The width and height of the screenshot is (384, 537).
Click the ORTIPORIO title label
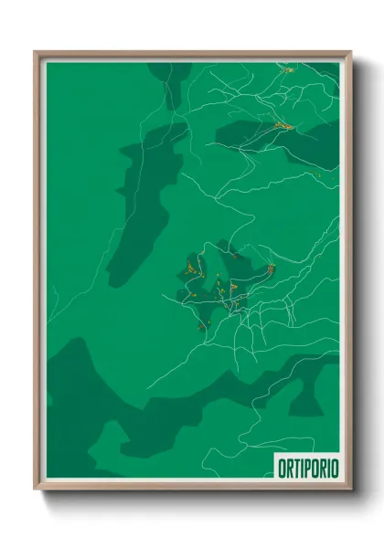(x=307, y=469)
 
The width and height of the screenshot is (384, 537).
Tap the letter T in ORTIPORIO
(x=294, y=469)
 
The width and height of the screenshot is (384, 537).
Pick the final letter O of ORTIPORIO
(x=334, y=469)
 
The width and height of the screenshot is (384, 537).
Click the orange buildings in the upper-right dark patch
(x=279, y=125)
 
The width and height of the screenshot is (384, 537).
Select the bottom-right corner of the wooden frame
(x=351, y=489)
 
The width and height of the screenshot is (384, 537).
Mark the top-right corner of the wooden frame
(x=350, y=53)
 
